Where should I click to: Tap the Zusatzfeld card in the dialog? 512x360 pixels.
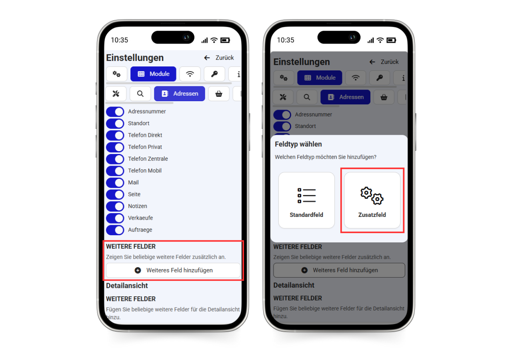click(x=372, y=200)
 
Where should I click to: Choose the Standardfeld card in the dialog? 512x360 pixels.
click(x=306, y=200)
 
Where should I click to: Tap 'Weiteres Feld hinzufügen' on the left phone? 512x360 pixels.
click(x=173, y=270)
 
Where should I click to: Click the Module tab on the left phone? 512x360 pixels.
click(x=153, y=74)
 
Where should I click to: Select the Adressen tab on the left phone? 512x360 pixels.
click(x=180, y=94)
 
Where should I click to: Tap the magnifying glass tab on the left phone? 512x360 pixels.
click(x=140, y=94)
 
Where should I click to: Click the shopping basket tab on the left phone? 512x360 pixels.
click(x=219, y=94)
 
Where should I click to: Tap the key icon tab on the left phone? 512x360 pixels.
click(x=214, y=74)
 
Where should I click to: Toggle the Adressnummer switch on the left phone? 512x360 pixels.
click(x=115, y=112)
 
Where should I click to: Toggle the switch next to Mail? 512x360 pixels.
click(x=115, y=182)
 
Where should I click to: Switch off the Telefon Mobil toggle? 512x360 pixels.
click(x=115, y=171)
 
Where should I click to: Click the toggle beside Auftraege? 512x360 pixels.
click(x=115, y=230)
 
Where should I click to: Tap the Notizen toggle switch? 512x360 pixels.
click(x=115, y=206)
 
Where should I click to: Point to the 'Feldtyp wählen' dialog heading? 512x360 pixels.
click(x=298, y=144)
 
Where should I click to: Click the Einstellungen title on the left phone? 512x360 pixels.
click(x=135, y=58)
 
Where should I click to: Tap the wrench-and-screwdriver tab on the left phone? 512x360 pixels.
click(x=116, y=94)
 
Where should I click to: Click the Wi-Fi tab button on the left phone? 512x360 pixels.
click(x=190, y=74)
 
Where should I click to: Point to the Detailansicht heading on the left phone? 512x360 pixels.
click(x=127, y=286)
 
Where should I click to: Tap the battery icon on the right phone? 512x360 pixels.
click(x=391, y=40)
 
